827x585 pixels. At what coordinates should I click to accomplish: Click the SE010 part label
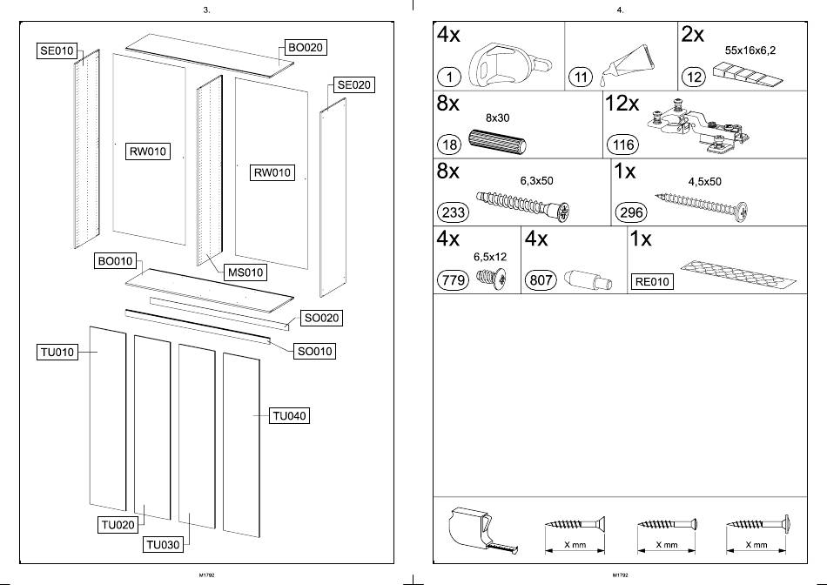coord(57,51)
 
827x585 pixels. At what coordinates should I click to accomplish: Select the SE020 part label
coord(353,85)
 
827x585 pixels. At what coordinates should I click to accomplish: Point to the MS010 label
coord(245,273)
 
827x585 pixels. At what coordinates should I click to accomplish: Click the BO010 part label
coord(116,261)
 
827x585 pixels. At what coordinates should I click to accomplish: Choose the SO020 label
coord(320,319)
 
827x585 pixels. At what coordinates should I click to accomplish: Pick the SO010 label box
coord(315,352)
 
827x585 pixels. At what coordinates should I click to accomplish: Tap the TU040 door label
coord(290,416)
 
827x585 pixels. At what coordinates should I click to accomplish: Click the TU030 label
coord(164,545)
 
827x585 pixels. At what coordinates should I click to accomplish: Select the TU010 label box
coord(57,352)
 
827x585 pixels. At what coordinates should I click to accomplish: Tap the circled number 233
coord(455,212)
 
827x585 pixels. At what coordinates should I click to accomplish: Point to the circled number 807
coord(541,279)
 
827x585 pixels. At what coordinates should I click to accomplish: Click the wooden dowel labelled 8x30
coord(495,142)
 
